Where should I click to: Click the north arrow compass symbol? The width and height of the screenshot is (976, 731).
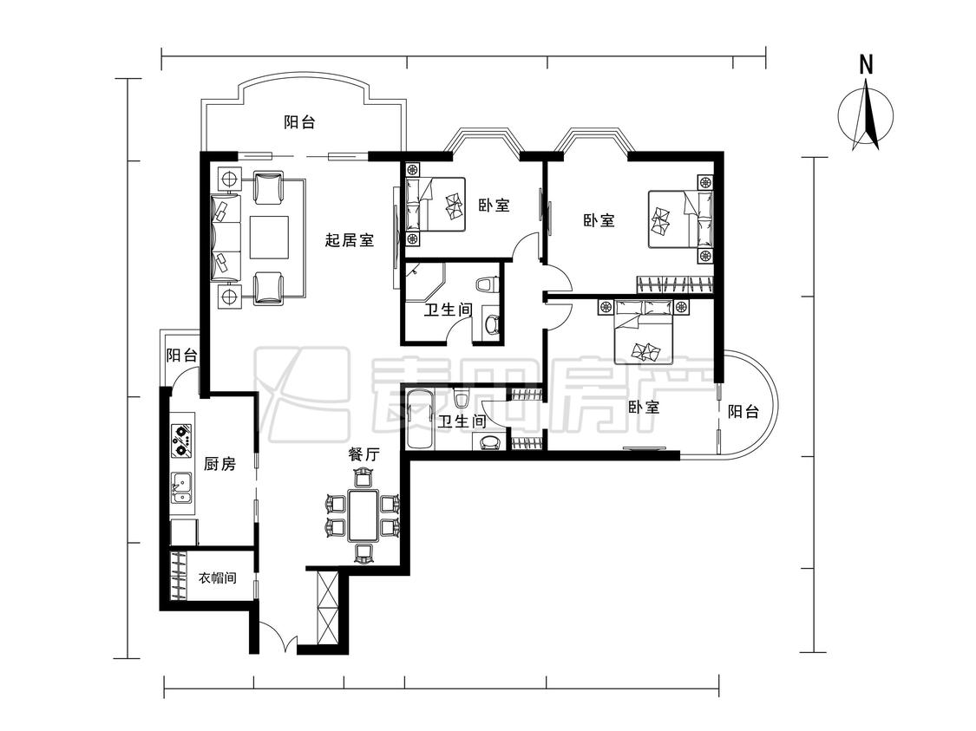(866, 116)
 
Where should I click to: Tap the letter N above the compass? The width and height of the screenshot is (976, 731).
(866, 65)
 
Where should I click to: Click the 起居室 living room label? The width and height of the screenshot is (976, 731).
(350, 239)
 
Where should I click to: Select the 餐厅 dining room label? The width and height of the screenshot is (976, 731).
(364, 454)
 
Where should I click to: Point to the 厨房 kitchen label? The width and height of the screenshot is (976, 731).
(219, 463)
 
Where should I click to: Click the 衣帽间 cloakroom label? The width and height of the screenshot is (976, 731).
(217, 578)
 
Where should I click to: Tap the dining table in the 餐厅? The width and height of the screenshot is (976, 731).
(363, 515)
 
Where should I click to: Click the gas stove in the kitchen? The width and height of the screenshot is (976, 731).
(182, 441)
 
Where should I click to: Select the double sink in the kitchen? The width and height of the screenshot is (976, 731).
(182, 487)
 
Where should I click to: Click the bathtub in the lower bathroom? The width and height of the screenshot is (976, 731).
(420, 418)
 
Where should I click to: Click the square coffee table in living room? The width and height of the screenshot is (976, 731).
(270, 237)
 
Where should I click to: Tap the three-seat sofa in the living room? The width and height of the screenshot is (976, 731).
(226, 237)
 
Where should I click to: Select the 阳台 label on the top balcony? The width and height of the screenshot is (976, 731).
(299, 122)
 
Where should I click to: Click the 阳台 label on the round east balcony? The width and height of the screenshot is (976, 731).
(743, 411)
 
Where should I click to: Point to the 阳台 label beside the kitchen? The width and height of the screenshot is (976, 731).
(182, 356)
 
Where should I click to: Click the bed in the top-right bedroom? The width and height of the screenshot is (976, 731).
(680, 219)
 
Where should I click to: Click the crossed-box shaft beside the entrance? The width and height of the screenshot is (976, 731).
(327, 608)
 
